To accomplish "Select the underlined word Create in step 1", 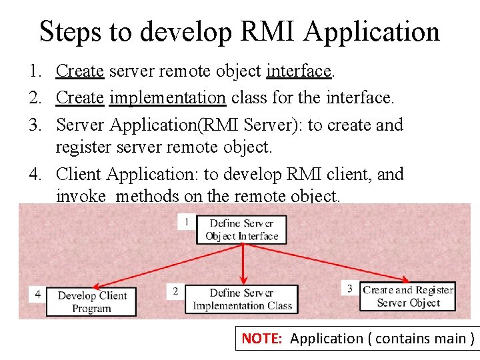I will point(79,71).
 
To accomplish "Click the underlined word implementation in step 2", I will point(167,98).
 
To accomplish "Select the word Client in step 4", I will point(79,174).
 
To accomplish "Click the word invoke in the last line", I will point(81,196).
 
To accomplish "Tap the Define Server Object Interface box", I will point(241,229).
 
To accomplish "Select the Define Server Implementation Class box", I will point(241,299).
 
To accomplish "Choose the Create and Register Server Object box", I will point(408,296).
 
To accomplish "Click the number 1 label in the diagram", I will point(187,221).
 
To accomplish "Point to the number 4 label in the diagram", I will point(37,293).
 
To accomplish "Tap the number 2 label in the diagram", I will point(175,291).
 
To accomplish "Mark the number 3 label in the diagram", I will point(350,288).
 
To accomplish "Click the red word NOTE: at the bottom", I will point(263,339).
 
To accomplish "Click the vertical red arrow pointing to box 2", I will point(243,263).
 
